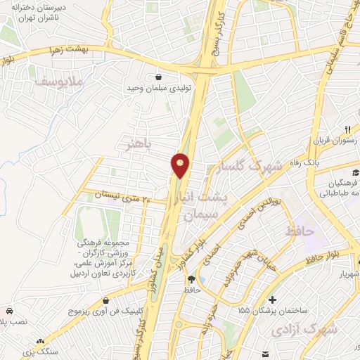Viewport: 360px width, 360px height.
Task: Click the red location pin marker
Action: click(x=181, y=166)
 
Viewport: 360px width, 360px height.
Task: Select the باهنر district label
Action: click(x=138, y=146)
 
